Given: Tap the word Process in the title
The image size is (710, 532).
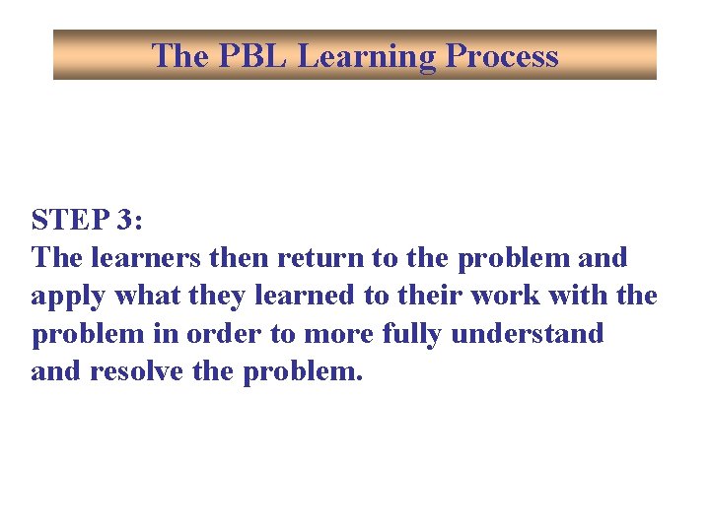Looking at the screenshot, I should coord(502,56).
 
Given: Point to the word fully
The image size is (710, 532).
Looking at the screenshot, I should coord(406,335).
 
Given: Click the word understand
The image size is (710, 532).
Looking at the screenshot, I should coord(528,334).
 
